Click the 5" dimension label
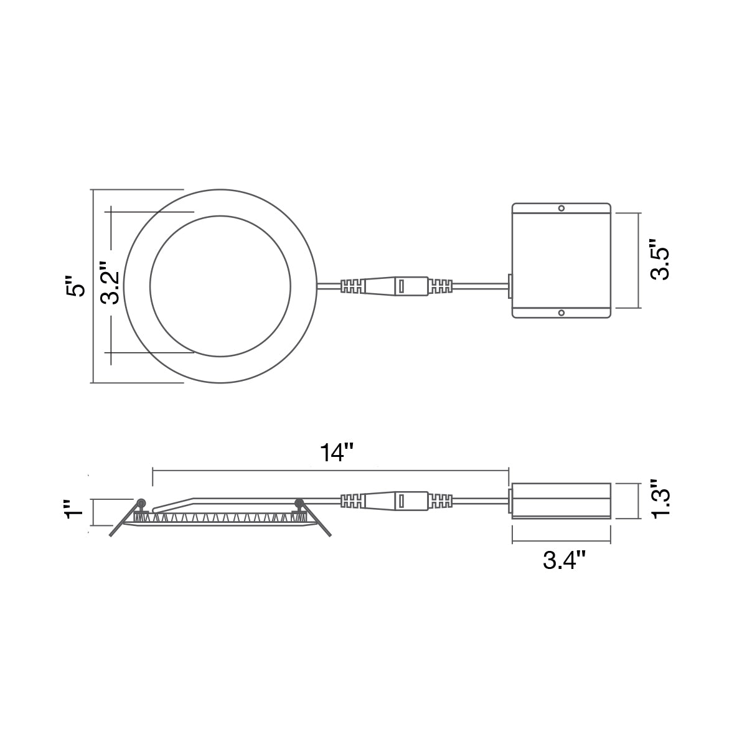(75, 286)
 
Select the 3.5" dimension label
(660, 260)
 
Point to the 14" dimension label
(337, 453)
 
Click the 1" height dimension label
(75, 509)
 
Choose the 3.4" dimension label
(563, 560)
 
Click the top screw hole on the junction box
(561, 209)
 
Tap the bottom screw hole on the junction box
(561, 312)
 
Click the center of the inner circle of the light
(220, 286)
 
